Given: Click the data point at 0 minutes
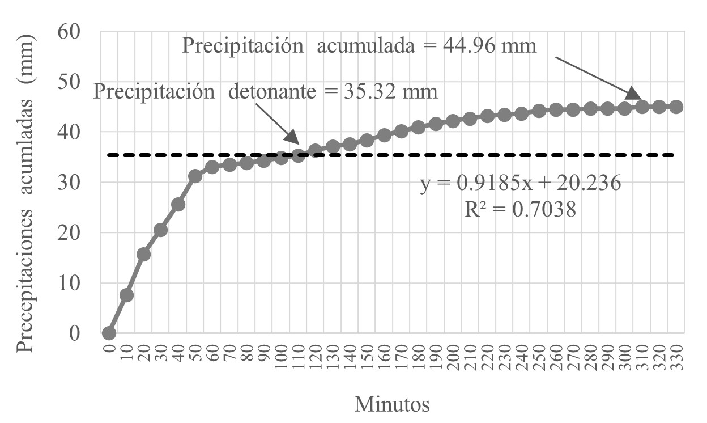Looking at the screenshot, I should pyautogui.click(x=109, y=333).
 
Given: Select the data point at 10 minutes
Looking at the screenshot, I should pyautogui.click(x=127, y=295).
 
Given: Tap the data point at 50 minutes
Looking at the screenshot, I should pyautogui.click(x=195, y=176).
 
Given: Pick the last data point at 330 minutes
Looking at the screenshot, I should pyautogui.click(x=676, y=107).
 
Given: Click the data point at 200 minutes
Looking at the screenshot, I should pyautogui.click(x=453, y=121).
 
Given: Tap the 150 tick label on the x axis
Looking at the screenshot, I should pyautogui.click(x=368, y=358).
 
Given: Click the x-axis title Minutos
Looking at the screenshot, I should pyautogui.click(x=392, y=405).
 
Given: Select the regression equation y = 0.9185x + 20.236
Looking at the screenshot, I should pyautogui.click(x=519, y=184).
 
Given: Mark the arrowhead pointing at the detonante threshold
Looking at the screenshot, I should pyautogui.click(x=292, y=138).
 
